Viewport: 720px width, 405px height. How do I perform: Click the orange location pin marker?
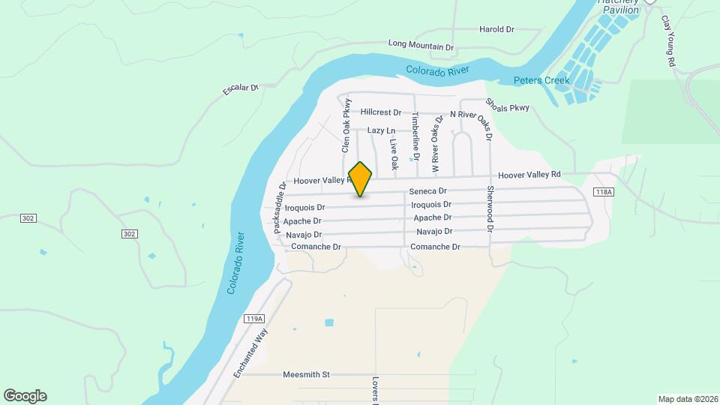coord(361,178)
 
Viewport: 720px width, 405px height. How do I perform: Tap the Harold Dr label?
coord(496,30)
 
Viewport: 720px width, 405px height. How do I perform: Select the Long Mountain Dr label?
coord(421,46)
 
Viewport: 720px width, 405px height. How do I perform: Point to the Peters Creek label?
coord(541,80)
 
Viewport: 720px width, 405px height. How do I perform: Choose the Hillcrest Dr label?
coord(381,112)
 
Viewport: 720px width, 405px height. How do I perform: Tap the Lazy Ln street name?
coord(381,130)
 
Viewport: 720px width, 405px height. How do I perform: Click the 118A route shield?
coord(603,193)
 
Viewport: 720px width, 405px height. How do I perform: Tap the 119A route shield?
coord(254,319)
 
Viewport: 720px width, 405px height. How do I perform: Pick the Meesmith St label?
coord(306,374)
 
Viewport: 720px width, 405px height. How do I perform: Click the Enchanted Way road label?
coord(250,354)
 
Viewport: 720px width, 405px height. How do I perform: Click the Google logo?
coord(25,396)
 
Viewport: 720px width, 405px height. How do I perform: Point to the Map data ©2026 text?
coord(687,399)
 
